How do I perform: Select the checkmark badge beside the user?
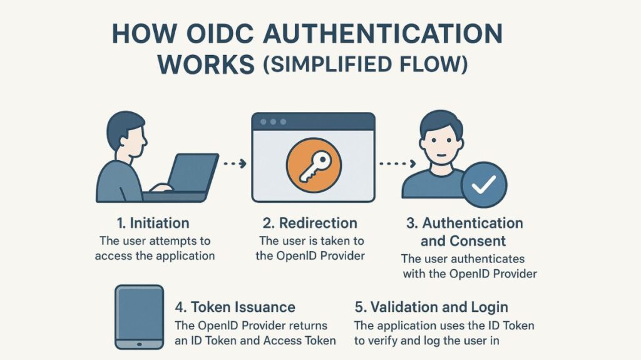(x=484, y=185)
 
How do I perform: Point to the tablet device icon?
(x=139, y=317)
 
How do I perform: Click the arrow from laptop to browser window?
(x=234, y=164)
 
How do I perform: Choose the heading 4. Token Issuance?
(x=235, y=307)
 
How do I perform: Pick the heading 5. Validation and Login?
(x=431, y=307)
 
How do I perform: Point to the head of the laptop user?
(x=126, y=133)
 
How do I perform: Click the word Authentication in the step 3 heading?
(x=473, y=224)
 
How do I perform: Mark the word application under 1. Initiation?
(x=182, y=255)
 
